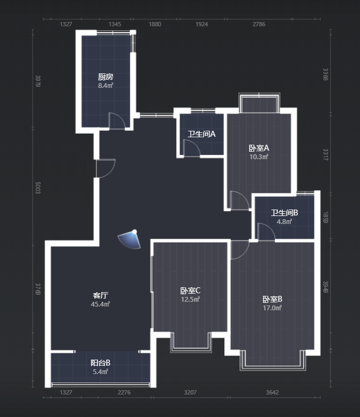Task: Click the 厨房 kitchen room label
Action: (x=106, y=77)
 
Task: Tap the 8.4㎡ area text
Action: (x=106, y=85)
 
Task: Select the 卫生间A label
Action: (x=201, y=134)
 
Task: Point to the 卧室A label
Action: (x=259, y=148)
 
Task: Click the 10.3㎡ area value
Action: (x=259, y=157)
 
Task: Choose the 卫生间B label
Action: (x=284, y=213)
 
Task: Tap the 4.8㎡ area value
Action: (x=284, y=221)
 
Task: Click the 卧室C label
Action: (x=190, y=291)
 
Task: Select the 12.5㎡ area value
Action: (x=190, y=299)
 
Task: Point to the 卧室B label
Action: (x=272, y=299)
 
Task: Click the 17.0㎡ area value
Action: (x=272, y=308)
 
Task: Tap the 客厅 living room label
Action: (x=100, y=295)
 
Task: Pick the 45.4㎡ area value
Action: (x=100, y=304)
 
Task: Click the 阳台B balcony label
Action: (x=100, y=363)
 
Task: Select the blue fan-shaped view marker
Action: (x=129, y=240)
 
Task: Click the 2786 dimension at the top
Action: (x=259, y=24)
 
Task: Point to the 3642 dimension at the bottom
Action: (x=272, y=392)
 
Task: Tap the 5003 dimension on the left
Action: (x=38, y=188)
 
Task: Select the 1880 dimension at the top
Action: (x=155, y=24)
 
